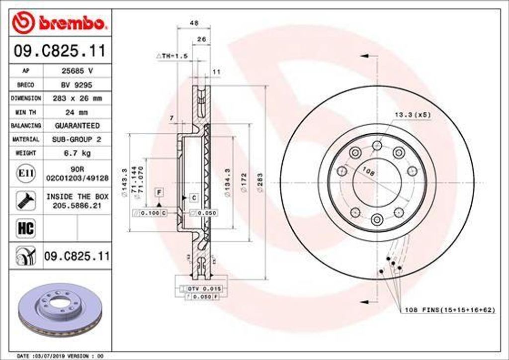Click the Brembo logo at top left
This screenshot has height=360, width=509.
pos(60,22)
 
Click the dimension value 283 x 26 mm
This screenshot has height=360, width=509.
pos(77,98)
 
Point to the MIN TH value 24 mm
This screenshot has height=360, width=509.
pos(77,112)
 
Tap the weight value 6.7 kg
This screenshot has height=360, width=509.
pos(77,153)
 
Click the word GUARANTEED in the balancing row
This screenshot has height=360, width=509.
pos(77,126)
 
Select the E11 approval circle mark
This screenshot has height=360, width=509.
pos(25,173)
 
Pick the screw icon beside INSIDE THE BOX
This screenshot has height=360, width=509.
pos(25,200)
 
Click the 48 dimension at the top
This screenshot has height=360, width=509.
pos(194,23)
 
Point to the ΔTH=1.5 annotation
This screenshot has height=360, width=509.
pos(172,56)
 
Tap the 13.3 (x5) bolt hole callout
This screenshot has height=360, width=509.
pos(412,115)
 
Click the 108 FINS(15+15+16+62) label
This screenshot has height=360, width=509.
pos(449,310)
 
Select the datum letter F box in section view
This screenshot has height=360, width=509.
pos(159,192)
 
